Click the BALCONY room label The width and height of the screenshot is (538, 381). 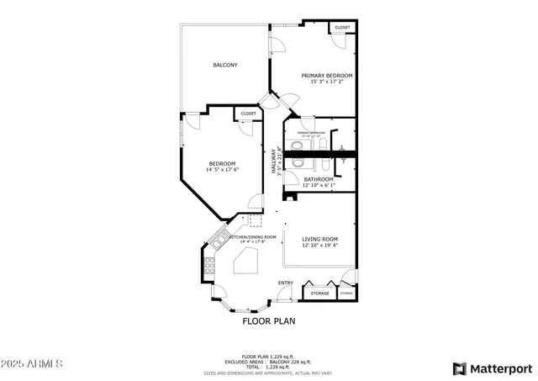pos(224,65)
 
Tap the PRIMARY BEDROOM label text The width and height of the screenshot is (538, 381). pos(327,76)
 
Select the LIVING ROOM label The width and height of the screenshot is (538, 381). pos(319,240)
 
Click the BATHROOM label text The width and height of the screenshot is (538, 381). pos(319,179)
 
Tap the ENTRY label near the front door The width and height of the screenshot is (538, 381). pos(286,283)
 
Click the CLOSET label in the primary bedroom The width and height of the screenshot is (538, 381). pos(342,28)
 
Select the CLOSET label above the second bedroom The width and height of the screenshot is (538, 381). pos(248,114)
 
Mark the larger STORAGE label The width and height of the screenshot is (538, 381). pos(319,294)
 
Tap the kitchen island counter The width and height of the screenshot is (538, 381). pos(245,264)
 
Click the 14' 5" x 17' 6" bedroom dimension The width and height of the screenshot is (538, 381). pos(223,170)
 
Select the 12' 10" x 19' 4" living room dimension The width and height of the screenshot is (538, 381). pos(319,246)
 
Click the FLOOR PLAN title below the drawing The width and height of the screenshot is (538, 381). pos(269,320)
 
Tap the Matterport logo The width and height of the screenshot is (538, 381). pos(493,368)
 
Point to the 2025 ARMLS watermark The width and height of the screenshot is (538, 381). pos(33,364)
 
